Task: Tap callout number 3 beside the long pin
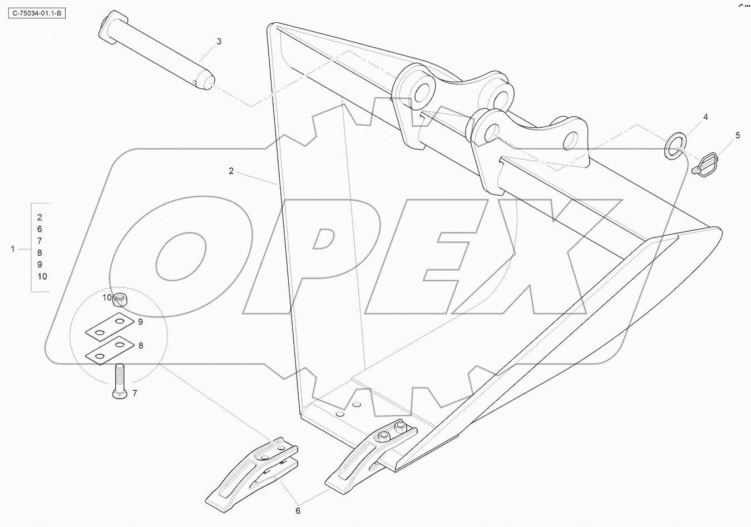219,41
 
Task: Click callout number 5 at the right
738,135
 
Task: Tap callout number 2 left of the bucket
231,171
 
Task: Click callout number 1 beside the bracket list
13,249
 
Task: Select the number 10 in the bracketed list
42,276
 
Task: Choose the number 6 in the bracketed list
39,229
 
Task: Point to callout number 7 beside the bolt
134,394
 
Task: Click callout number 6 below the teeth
298,510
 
